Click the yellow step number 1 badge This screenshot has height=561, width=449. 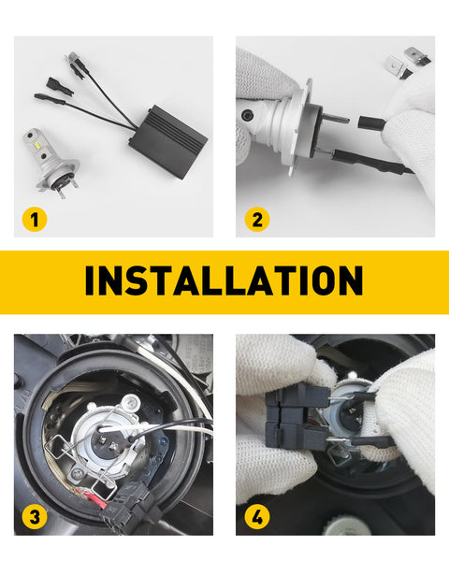[x=35, y=219]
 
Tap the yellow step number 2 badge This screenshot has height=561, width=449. [x=257, y=219]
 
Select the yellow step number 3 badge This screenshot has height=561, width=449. [x=35, y=517]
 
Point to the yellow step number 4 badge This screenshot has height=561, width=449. [x=257, y=517]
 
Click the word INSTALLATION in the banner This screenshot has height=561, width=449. [x=224, y=280]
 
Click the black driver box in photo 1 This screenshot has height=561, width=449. [x=168, y=142]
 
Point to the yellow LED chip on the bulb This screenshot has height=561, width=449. [x=39, y=146]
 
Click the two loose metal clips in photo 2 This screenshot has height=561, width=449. [x=406, y=63]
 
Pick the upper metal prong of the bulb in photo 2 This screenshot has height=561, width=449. [x=336, y=118]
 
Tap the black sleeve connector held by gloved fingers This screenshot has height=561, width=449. [x=371, y=123]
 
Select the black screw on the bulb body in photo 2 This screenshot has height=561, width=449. [x=247, y=115]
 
